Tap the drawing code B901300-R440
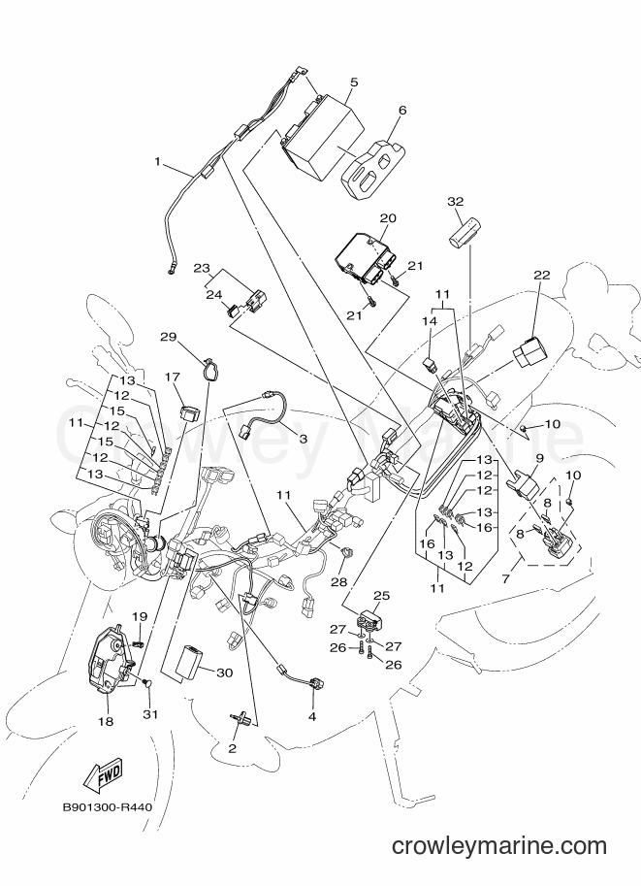click(108, 807)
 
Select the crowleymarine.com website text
click(499, 846)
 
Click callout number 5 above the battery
click(354, 82)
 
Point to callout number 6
click(402, 110)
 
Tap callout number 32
click(455, 201)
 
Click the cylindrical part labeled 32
click(465, 232)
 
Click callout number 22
click(542, 276)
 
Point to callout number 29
click(169, 338)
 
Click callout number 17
click(173, 377)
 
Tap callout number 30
click(224, 673)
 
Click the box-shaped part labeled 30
click(190, 660)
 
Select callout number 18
click(106, 722)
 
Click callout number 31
click(149, 715)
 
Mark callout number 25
click(382, 596)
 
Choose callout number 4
click(311, 717)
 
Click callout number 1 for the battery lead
click(158, 162)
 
